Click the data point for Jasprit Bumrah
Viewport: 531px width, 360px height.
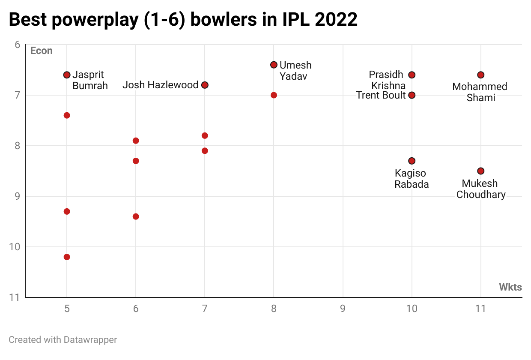pos(67,75)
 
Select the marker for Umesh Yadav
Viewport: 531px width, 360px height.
pos(274,65)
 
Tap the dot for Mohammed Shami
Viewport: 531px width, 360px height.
pos(481,75)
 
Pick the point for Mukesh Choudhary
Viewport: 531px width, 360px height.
pos(481,171)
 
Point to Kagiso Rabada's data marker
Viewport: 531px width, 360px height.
pos(412,161)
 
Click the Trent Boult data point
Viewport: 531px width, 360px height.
pos(412,95)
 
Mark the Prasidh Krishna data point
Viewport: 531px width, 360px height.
pos(412,75)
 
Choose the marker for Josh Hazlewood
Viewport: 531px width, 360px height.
pos(205,85)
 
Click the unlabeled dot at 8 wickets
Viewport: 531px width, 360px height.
pos(274,95)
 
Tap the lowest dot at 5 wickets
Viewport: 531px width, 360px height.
pos(67,257)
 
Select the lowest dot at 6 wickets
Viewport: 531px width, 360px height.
pos(136,216)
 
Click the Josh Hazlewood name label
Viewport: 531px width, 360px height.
pos(160,85)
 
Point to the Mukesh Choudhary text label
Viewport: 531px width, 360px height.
pos(481,189)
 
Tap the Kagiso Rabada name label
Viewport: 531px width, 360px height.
pos(411,179)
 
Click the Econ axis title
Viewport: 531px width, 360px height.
pos(41,51)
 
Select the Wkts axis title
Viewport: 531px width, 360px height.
pos(510,287)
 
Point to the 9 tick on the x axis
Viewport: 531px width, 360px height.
pos(343,309)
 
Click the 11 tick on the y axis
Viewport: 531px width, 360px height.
pos(15,297)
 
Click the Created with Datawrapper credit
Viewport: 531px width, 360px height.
pos(63,340)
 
